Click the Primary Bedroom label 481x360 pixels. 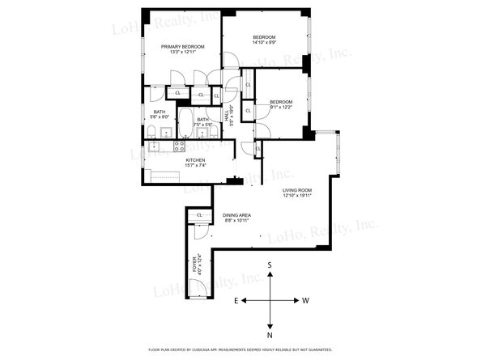coord(181,47)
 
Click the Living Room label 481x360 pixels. coord(297,190)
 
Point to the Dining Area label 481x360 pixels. coord(236,214)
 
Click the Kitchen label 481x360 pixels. coord(195,160)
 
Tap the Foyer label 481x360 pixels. coord(194,266)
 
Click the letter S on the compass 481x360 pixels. coord(270,265)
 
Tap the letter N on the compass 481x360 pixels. coord(270,334)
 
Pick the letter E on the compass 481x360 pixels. coord(236,300)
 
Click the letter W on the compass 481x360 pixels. coord(305,300)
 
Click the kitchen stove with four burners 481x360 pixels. coord(180,148)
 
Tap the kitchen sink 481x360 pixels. coord(152,147)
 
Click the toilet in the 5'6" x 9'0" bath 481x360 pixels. coord(152,131)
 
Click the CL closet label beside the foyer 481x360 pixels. coord(198,214)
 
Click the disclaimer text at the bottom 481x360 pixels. coord(240,349)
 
